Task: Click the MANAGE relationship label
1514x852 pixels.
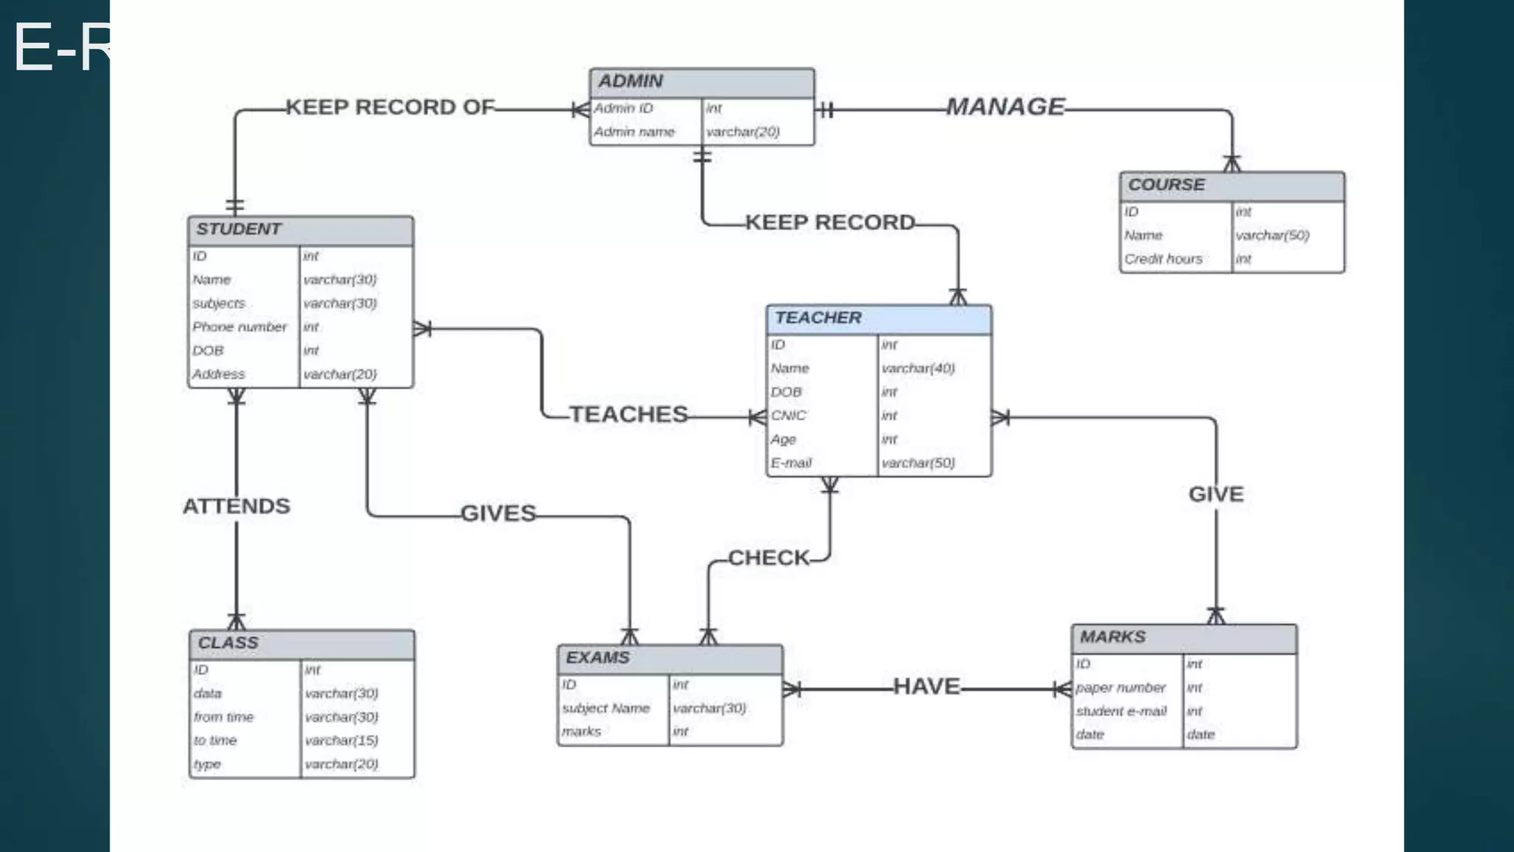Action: point(1005,107)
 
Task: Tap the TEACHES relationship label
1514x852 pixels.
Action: point(628,415)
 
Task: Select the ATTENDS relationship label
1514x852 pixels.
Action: point(237,507)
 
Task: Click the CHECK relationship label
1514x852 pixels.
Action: point(769,558)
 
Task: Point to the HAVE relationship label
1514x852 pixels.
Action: point(926,687)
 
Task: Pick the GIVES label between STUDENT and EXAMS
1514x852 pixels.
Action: point(498,514)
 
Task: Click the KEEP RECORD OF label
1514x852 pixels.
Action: point(390,108)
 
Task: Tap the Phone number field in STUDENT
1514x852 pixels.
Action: point(240,327)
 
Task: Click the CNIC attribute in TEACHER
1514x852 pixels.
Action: point(788,416)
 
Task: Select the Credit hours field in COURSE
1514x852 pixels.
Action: point(1163,260)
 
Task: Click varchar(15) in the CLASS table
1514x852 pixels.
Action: point(342,740)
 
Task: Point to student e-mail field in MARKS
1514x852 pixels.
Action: point(1121,711)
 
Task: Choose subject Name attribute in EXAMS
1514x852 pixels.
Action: point(605,709)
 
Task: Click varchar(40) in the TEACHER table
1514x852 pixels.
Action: point(918,368)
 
